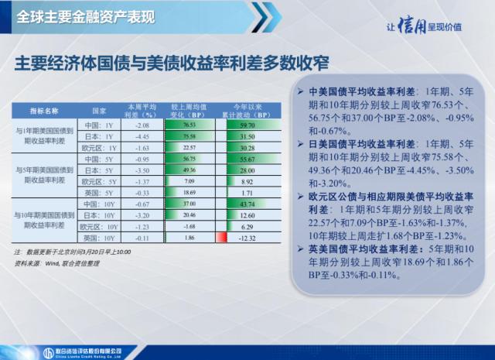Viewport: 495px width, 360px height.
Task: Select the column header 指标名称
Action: tap(44, 111)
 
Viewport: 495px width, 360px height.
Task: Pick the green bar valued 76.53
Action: tap(189, 124)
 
